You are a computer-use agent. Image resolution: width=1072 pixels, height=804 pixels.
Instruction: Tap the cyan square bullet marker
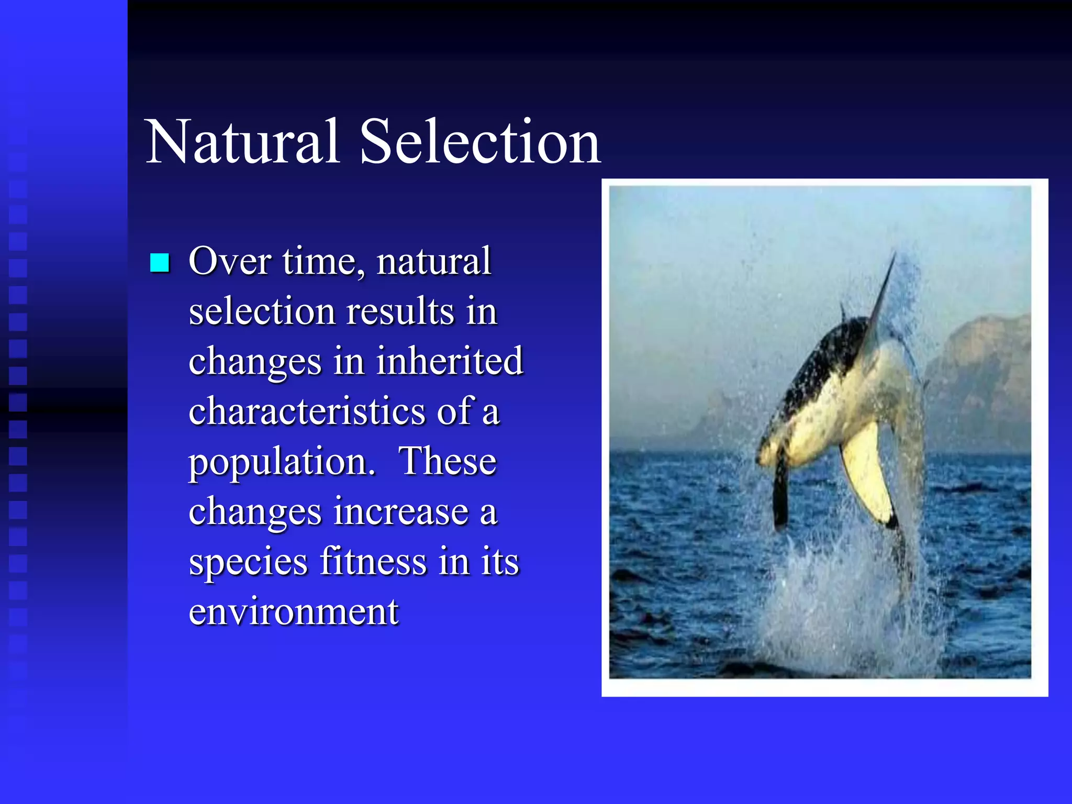click(160, 263)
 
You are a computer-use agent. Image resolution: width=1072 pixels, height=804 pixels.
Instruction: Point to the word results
click(400, 311)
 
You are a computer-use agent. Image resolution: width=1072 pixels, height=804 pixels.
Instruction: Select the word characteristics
click(307, 411)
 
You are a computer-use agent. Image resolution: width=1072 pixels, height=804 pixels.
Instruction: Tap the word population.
click(282, 462)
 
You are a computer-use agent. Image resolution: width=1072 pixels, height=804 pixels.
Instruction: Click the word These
click(448, 462)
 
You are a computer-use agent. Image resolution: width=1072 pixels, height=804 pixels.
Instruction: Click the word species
click(248, 562)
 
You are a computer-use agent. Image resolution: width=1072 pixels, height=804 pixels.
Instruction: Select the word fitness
click(373, 561)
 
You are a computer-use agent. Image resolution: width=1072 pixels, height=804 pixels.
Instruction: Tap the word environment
click(293, 611)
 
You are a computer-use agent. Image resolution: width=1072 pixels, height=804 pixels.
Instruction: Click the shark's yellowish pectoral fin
click(866, 474)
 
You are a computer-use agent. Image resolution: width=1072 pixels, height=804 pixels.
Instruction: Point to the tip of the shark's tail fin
click(893, 256)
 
